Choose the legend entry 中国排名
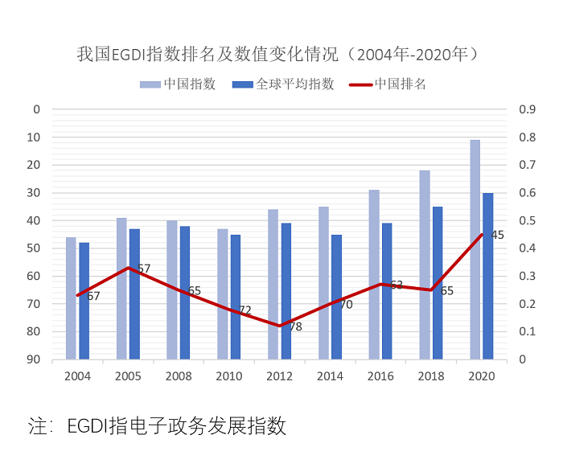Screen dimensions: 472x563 click(x=401, y=84)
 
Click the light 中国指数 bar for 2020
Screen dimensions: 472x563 click(x=475, y=249)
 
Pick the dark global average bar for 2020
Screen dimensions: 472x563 click(x=488, y=276)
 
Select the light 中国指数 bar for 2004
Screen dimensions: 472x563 click(x=71, y=298)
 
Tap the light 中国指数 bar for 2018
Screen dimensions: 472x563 click(x=425, y=265)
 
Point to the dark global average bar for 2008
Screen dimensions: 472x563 click(x=185, y=293)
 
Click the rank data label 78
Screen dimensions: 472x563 click(x=295, y=326)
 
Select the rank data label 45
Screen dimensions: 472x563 click(x=497, y=235)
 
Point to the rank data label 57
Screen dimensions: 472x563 click(x=144, y=269)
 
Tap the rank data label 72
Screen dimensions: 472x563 click(x=245, y=310)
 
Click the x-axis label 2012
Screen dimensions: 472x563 click(x=280, y=376)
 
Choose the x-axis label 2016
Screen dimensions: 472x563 click(x=381, y=376)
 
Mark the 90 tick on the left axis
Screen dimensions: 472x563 click(x=33, y=359)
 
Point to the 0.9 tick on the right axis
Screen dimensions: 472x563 click(x=528, y=109)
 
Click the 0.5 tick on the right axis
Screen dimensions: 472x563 click(x=528, y=220)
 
